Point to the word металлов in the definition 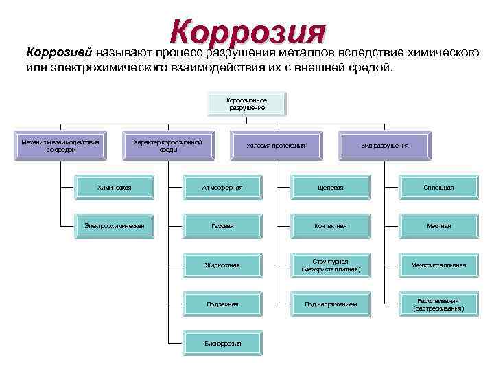(298, 52)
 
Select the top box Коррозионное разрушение (246, 104)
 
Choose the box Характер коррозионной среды (168, 146)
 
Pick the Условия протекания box (275, 146)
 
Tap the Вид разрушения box (384, 146)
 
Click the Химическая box (114, 186)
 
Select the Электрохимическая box (114, 225)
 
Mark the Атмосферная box (222, 186)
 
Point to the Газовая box (222, 225)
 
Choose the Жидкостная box (222, 265)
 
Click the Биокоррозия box (222, 343)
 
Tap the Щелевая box (330, 186)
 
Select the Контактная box (330, 225)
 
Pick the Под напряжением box (330, 304)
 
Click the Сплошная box (438, 186)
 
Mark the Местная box (438, 225)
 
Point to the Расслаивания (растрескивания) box (438, 304)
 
